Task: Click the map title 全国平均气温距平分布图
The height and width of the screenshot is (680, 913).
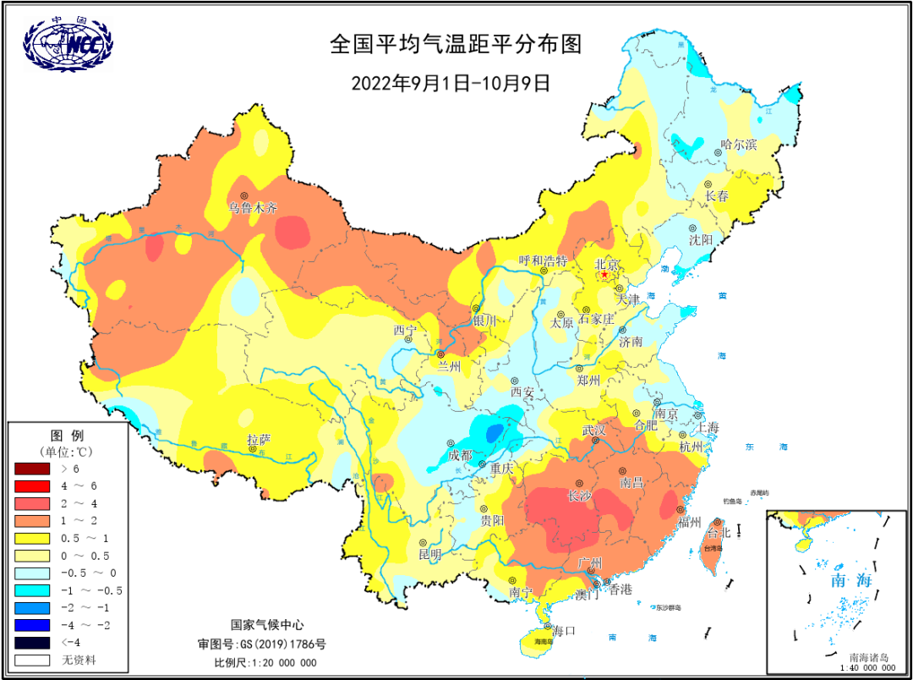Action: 456,45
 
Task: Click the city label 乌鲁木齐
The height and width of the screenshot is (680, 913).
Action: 252,207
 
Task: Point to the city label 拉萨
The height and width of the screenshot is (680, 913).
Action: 259,439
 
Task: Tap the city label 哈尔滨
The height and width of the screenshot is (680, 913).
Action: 738,145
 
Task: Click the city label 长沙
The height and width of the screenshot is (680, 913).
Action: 579,496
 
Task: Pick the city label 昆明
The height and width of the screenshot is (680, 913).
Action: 429,554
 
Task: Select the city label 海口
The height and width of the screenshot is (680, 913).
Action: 564,630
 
